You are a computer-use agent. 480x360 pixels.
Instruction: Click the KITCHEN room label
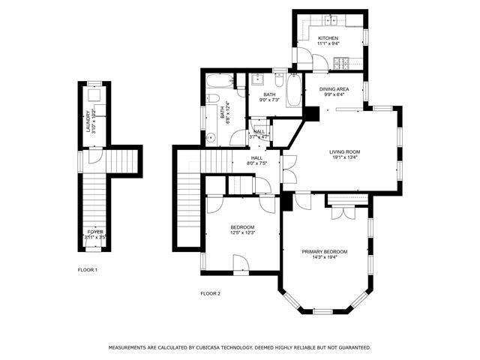[328, 37]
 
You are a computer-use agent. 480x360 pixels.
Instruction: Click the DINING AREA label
[333, 88]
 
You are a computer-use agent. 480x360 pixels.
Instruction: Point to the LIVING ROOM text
[345, 151]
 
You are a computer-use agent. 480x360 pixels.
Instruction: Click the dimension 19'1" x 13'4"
[345, 157]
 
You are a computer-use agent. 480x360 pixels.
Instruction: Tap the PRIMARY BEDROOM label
[325, 251]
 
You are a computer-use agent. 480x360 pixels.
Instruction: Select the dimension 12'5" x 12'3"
[241, 233]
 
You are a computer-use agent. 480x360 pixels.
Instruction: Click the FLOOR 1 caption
[88, 269]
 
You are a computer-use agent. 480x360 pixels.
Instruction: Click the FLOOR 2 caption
[210, 293]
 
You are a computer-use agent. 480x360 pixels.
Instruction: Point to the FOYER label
[95, 232]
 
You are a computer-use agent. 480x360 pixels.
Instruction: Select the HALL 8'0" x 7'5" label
[256, 160]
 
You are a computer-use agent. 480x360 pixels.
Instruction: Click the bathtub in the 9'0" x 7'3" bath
[294, 91]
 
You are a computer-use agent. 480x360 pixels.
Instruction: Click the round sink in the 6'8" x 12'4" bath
[211, 137]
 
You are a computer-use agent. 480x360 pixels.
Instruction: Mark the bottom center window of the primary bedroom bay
[322, 311]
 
